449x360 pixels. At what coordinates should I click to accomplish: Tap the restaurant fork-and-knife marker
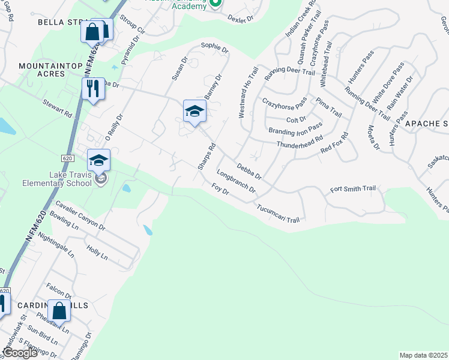pos(93,89)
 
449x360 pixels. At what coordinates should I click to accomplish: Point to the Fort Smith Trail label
pos(353,189)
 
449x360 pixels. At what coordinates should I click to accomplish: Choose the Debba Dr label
pos(249,170)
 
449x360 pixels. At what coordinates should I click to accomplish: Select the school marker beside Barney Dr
pos(194,111)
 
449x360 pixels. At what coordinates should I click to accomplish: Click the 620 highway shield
pos(67,157)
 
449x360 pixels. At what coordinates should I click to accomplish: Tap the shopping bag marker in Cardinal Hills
pos(59,311)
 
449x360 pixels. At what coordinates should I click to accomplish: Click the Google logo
pos(20,353)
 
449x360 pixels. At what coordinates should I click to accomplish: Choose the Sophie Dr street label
pos(215,47)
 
